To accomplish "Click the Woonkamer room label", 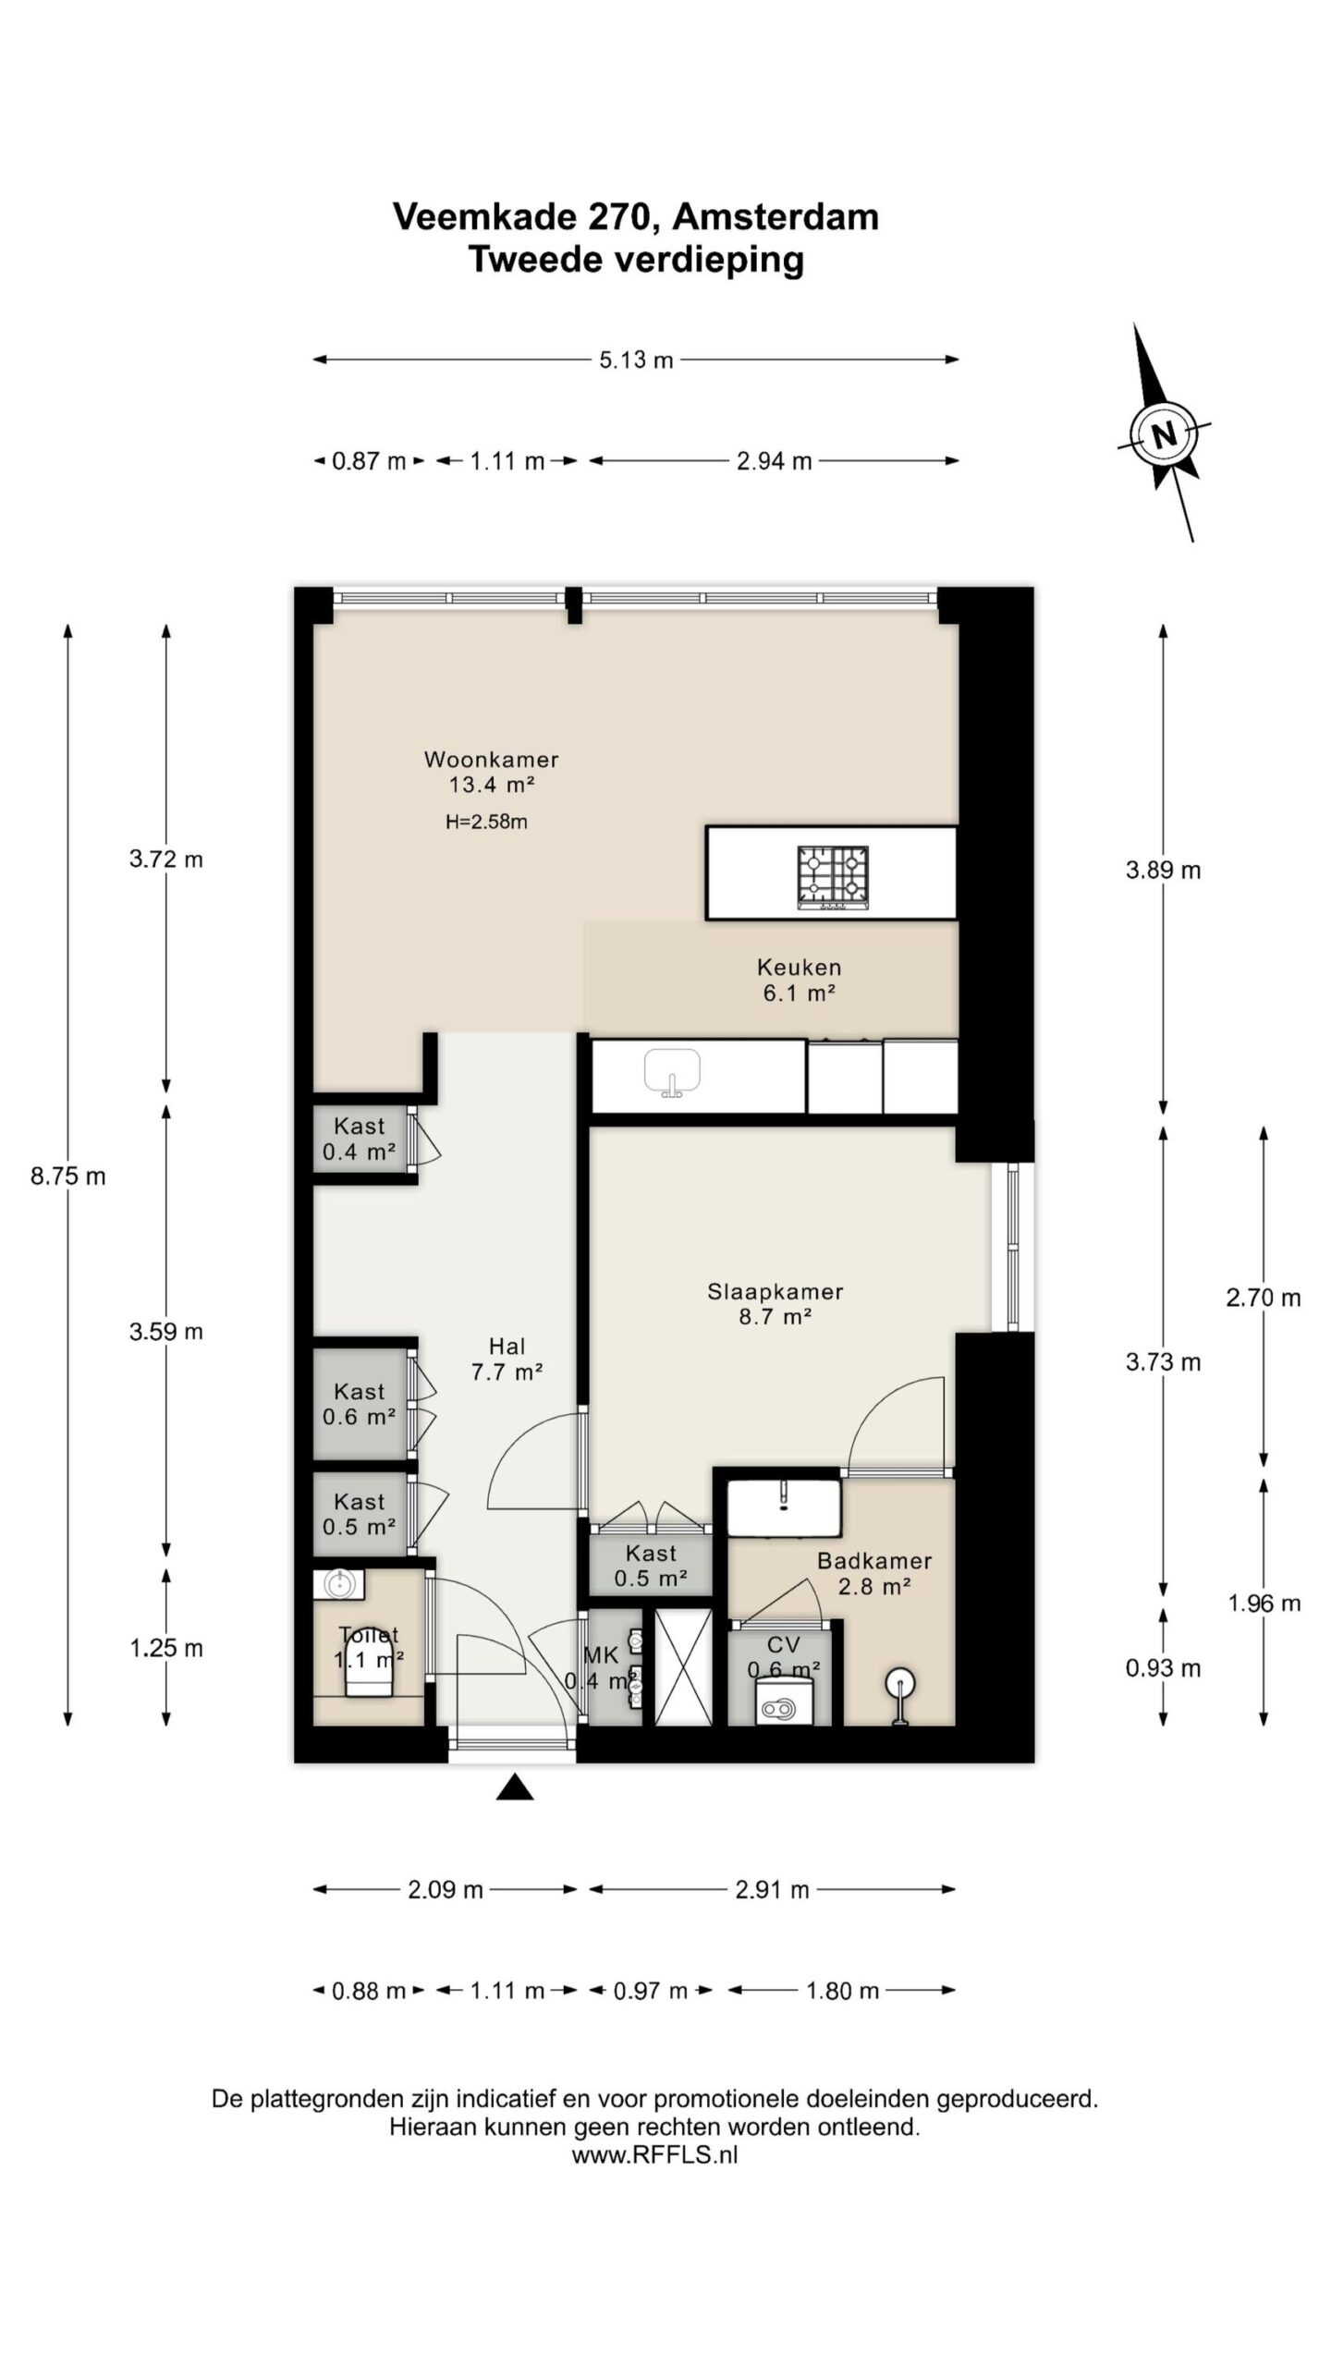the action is point(492,760).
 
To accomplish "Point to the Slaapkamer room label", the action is point(775,1291).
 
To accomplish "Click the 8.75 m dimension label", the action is point(68,1177).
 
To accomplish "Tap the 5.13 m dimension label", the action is point(636,360).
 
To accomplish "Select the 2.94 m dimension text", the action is point(775,460).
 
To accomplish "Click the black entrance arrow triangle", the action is point(515,1787).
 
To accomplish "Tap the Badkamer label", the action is point(874,1561).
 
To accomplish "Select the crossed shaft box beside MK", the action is point(683,1666).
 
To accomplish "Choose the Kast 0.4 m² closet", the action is point(360,1139).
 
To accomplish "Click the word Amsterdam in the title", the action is point(775,216).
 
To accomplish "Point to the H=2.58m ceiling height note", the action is point(486,822).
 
